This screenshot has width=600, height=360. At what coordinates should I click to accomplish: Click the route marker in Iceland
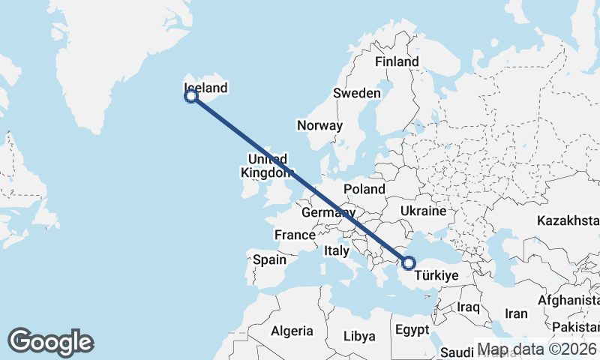coord(191,96)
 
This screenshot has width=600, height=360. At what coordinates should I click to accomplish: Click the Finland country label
coord(397,62)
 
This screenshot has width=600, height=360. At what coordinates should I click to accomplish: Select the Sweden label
coord(357,93)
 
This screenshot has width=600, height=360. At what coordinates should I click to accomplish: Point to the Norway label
coord(319,126)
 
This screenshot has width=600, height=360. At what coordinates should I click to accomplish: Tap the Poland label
coord(364,189)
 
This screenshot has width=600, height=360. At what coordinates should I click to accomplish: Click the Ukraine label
coord(424,211)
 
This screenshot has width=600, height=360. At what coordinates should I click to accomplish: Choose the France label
coord(295,235)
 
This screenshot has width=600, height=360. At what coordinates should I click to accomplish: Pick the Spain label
coord(270,259)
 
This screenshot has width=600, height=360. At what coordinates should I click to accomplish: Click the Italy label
coord(337,251)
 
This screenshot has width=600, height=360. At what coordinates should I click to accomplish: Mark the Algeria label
coord(292,331)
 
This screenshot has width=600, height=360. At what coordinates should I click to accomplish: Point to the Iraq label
coord(468,307)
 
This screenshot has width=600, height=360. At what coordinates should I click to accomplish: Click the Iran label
coord(517,313)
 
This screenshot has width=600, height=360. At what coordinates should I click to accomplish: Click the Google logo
coord(50,342)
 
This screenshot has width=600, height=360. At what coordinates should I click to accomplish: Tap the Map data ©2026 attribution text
coord(538,349)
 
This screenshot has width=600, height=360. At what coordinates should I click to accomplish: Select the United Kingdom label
coord(267,166)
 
